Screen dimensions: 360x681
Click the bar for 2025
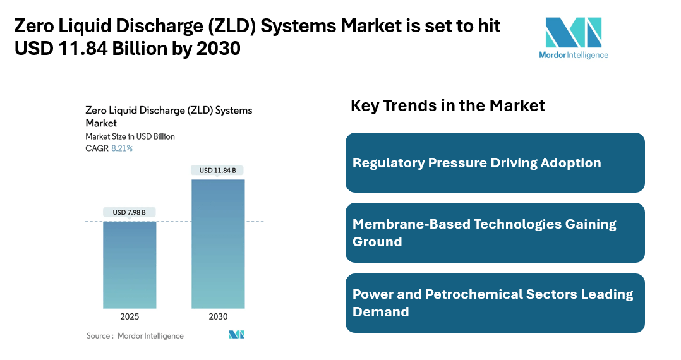(x=130, y=265)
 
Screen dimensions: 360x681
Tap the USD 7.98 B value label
(x=130, y=213)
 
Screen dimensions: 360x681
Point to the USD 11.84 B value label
(x=218, y=170)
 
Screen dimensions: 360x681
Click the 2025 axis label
(x=130, y=316)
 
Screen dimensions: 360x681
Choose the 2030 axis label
(x=218, y=316)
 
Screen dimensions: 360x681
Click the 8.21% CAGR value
(x=122, y=148)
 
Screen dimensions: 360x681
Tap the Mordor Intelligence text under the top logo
(x=573, y=55)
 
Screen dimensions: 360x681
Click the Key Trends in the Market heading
(x=447, y=105)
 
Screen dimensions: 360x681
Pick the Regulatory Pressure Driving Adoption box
(x=495, y=162)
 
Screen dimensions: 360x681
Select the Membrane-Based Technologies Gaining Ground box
(x=495, y=232)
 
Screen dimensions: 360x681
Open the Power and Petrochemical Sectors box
(x=495, y=303)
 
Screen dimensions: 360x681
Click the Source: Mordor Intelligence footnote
(x=135, y=336)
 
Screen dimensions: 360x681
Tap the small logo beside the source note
(x=236, y=335)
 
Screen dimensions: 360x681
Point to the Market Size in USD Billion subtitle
(x=130, y=136)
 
